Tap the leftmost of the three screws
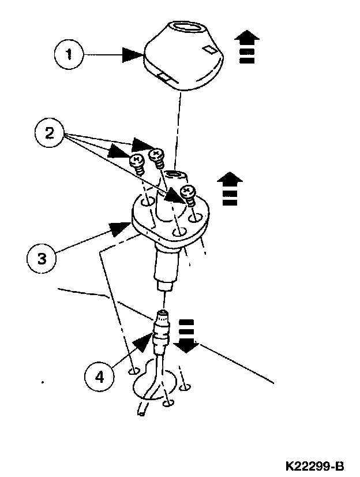tap(137, 161)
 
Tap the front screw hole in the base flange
tap(180, 232)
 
